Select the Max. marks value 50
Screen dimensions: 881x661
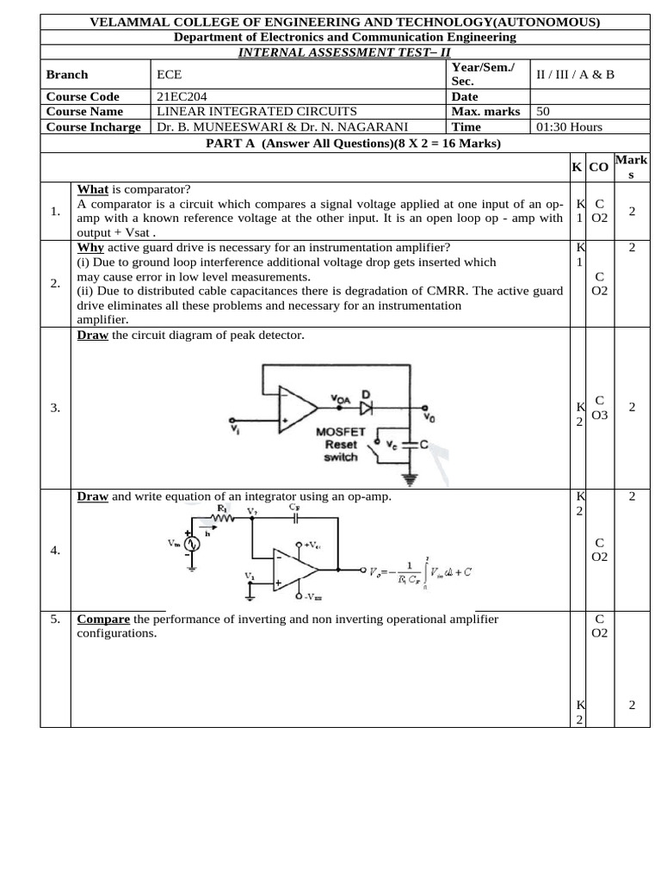click(543, 111)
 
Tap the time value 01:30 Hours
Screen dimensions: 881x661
click(569, 126)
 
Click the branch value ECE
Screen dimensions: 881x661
click(169, 74)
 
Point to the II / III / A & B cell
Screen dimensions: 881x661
click(575, 74)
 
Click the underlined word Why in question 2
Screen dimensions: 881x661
click(90, 248)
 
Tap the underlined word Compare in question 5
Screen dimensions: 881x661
click(103, 619)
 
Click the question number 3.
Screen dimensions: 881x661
click(55, 408)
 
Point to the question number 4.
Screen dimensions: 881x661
click(55, 551)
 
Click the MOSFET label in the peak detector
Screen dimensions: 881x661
click(341, 431)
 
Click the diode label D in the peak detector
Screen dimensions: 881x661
click(365, 395)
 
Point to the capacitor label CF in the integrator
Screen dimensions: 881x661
click(293, 508)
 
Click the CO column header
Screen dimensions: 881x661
click(599, 166)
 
